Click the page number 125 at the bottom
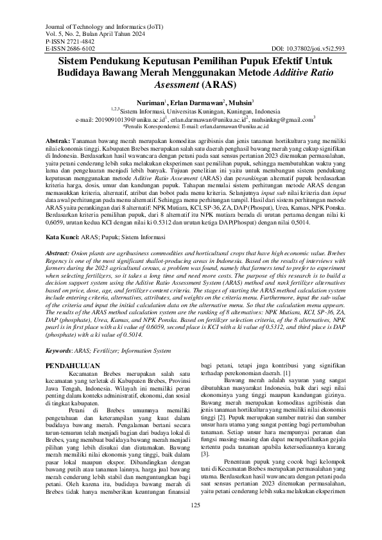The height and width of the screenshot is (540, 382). pos(191,524)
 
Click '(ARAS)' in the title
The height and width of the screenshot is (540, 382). pos(219,83)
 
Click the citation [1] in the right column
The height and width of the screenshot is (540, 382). pos(287,373)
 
